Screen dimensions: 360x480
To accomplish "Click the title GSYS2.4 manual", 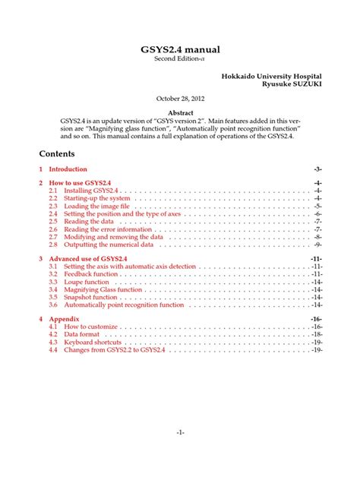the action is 180,49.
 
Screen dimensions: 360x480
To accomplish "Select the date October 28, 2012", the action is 180,98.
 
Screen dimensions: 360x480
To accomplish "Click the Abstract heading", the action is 180,111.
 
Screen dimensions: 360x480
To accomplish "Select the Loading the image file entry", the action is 94,206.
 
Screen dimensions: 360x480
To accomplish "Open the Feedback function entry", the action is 91,273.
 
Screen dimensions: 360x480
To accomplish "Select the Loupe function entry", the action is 87,282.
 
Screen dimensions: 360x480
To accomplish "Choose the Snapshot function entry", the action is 90,297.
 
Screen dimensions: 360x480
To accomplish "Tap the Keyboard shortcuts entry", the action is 93,342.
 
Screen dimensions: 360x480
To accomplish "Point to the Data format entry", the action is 81,334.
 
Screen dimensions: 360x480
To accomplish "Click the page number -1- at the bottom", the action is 180,433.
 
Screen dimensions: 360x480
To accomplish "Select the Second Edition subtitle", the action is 180,59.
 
